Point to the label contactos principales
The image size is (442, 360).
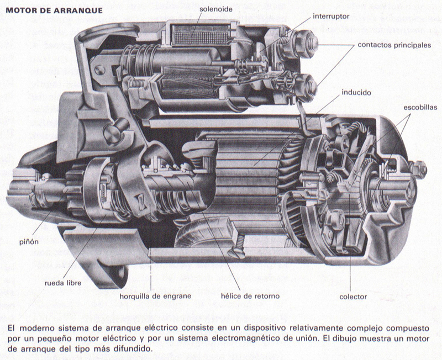[394, 46]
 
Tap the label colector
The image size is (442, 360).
[353, 297]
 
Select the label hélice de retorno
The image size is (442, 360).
[250, 296]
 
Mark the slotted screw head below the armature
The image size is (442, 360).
[238, 253]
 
